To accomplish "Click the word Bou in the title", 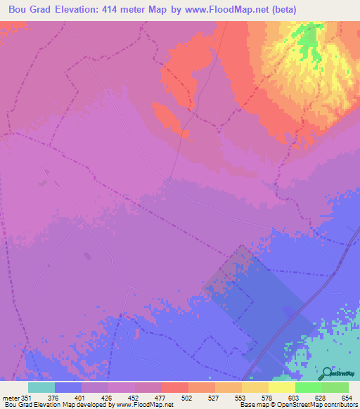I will click(18, 10).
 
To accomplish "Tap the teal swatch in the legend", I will click(41, 387).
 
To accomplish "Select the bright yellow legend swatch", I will click(282, 387).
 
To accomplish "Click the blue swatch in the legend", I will click(68, 387).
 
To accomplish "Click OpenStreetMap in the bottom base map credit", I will click(295, 405).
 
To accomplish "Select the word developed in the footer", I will click(91, 405).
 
